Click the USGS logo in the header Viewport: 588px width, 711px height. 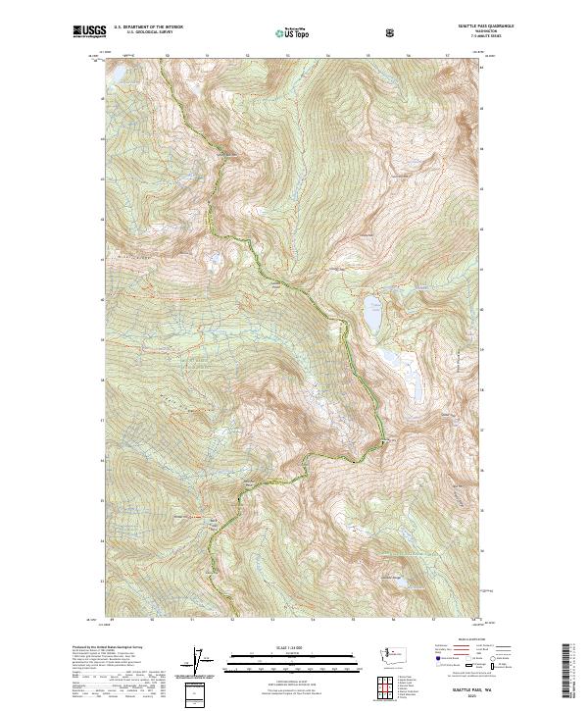pyautogui.click(x=89, y=32)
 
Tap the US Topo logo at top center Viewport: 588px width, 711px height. pyautogui.click(x=293, y=33)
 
